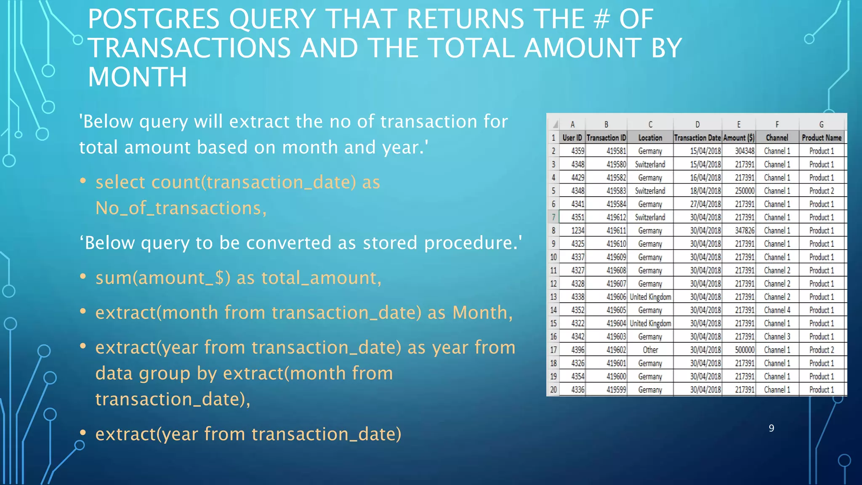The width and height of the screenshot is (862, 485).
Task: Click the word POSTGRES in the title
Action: pos(153,19)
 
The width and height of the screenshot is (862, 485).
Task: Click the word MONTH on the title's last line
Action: pos(137,77)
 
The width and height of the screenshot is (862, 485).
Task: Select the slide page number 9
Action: pos(771,428)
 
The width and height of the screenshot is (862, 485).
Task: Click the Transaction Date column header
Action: pos(697,138)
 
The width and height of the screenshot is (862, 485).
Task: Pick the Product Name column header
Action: pos(821,138)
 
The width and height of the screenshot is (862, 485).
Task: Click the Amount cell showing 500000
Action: pos(744,350)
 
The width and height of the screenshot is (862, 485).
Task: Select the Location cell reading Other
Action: pos(650,350)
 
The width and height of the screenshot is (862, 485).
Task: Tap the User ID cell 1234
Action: pos(577,231)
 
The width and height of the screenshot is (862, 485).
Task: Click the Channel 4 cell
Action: pos(777,310)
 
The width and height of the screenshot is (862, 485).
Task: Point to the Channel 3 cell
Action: pos(777,337)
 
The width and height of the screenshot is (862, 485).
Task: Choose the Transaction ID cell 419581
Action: pos(616,151)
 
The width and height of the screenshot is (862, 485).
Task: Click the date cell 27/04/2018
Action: pos(705,204)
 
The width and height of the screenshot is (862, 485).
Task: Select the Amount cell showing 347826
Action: pos(744,231)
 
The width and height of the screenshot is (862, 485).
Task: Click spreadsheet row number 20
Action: pos(553,390)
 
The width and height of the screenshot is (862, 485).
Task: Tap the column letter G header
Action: pos(821,125)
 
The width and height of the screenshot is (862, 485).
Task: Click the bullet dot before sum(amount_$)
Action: pos(83,277)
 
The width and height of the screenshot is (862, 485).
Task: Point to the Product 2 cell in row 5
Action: pos(821,191)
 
